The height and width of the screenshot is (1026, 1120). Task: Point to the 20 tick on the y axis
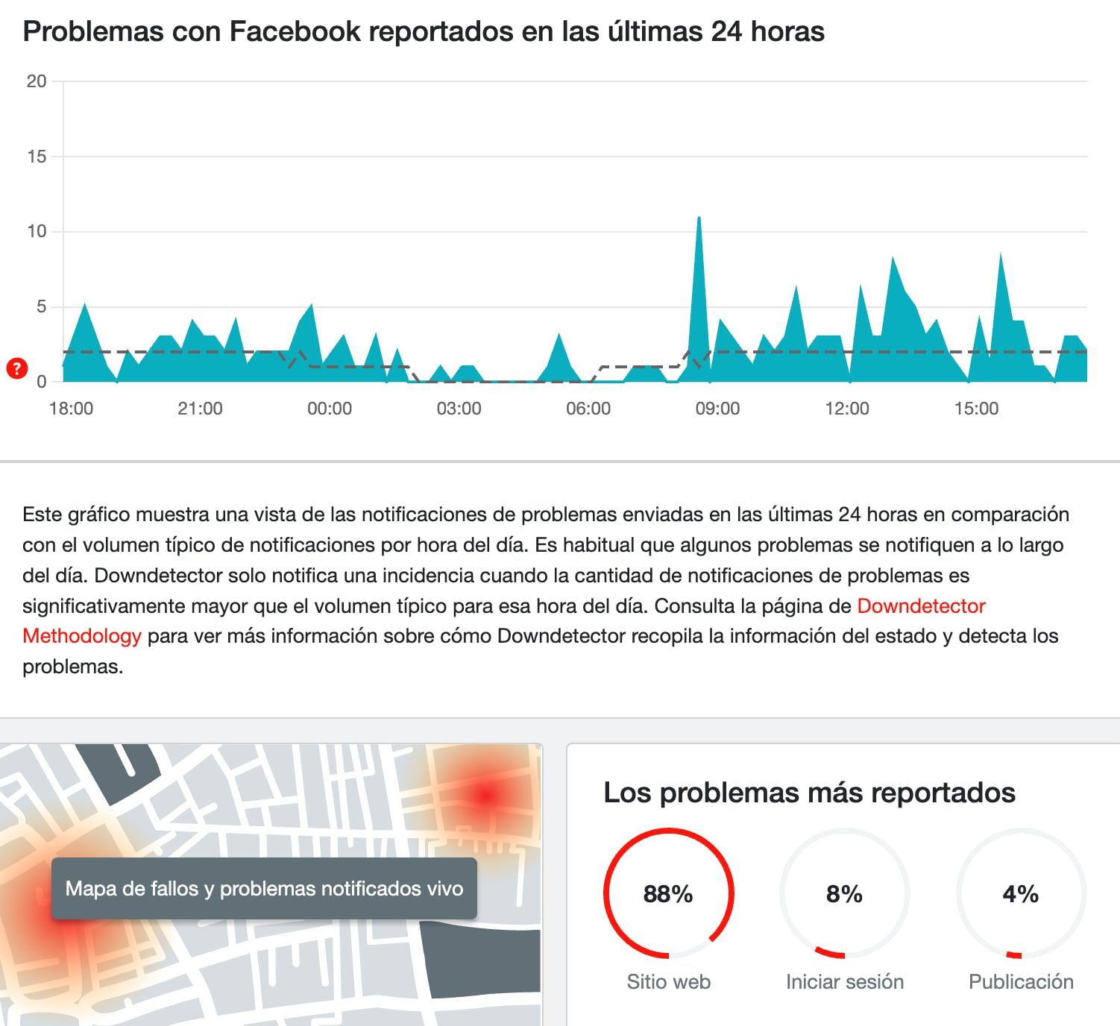37,81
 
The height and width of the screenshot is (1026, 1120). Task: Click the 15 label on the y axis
37,157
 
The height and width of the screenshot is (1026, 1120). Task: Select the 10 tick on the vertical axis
37,231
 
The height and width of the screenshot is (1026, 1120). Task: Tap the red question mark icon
16,368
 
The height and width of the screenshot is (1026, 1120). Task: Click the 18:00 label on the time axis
71,409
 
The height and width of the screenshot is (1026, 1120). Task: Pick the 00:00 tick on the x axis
330,409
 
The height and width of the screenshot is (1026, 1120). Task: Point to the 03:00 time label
459,409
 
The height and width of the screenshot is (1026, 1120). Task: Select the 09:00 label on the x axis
717,409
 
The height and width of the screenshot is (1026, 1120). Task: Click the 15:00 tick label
976,409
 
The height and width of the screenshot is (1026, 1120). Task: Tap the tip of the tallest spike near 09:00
699,218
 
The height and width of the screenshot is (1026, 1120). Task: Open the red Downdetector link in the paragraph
921,605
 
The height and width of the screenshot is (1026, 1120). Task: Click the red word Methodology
82,636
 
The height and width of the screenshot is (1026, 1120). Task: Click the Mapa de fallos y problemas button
264,888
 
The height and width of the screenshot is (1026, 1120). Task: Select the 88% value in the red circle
668,893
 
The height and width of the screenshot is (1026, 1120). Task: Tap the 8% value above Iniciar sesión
844,893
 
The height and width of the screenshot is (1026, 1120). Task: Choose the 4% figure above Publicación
1020,893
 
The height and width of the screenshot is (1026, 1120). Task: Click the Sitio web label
668,981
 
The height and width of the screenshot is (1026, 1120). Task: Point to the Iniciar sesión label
844,981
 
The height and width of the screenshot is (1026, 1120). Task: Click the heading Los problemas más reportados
809,792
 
